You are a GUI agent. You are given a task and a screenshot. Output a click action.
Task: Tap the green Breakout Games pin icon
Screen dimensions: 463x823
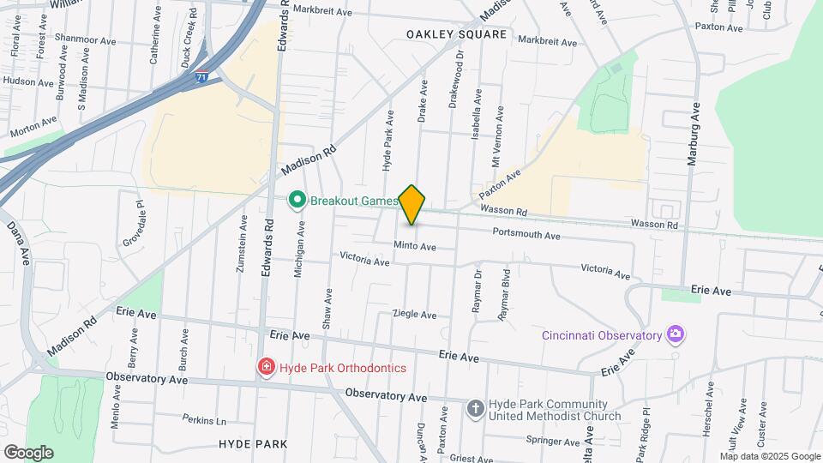pyautogui.click(x=297, y=201)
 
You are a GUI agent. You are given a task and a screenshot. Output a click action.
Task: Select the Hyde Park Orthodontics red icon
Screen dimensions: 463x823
pyautogui.click(x=267, y=368)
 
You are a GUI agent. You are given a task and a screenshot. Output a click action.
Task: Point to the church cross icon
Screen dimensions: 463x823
pyautogui.click(x=475, y=408)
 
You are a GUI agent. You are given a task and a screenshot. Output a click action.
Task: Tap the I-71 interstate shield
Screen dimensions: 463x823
pyautogui.click(x=201, y=76)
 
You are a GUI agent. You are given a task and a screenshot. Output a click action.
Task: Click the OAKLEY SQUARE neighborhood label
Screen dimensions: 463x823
pyautogui.click(x=457, y=35)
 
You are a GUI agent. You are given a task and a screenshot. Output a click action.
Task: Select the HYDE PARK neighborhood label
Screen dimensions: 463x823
pyautogui.click(x=253, y=443)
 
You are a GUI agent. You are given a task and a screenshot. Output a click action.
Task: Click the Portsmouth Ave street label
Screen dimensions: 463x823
pyautogui.click(x=526, y=235)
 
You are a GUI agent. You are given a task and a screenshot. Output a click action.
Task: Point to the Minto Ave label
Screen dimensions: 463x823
pyautogui.click(x=415, y=247)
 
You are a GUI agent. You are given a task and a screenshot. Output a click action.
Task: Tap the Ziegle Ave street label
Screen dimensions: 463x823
pyautogui.click(x=415, y=315)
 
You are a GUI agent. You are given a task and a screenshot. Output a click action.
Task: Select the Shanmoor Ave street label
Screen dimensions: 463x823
pyautogui.click(x=83, y=40)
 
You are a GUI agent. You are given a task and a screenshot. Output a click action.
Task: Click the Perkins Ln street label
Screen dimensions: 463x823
pyautogui.click(x=204, y=420)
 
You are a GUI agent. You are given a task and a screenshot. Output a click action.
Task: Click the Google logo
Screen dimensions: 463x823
pyautogui.click(x=28, y=452)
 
